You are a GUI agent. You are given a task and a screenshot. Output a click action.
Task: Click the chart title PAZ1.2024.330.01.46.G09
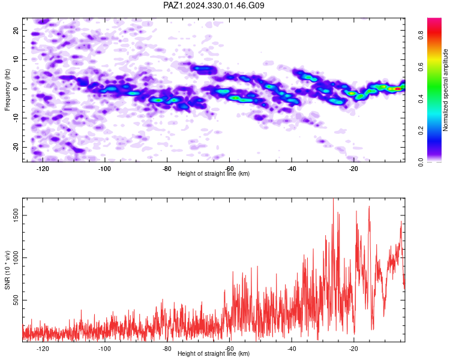pos(214,5)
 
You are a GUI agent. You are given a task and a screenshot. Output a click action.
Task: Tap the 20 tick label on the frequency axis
pos(16,30)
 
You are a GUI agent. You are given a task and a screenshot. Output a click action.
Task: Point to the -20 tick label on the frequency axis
pos(16,147)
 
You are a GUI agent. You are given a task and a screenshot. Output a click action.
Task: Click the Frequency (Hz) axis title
pos(7,90)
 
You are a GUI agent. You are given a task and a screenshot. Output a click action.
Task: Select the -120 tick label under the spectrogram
pos(43,169)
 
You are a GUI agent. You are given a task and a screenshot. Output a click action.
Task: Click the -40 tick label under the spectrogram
pos(292,169)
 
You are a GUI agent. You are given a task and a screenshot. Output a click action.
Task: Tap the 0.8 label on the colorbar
pos(421,35)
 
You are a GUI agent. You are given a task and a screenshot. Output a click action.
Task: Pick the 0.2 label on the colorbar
pos(421,131)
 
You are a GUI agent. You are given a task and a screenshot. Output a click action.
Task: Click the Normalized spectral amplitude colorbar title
pos(445,90)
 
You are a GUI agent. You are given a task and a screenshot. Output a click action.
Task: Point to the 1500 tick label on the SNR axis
pos(16,215)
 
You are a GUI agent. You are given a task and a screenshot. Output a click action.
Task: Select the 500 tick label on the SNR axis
pos(16,300)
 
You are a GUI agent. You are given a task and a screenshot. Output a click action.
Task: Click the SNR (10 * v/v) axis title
pos(7,270)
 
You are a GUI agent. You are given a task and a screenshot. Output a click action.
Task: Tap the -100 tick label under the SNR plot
pos(104,349)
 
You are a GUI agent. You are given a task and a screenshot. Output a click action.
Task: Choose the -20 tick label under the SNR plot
pos(353,349)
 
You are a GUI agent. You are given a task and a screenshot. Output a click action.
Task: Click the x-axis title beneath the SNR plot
pos(214,353)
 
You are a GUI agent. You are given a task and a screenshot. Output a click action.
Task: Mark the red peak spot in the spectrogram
pos(398,89)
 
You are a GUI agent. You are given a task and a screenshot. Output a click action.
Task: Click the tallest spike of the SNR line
pos(333,199)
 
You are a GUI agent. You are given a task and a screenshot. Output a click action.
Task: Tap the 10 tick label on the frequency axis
pos(16,59)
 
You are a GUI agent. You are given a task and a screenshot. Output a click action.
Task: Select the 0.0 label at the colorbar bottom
pos(421,163)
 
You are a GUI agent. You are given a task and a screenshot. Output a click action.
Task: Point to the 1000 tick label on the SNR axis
pos(16,257)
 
